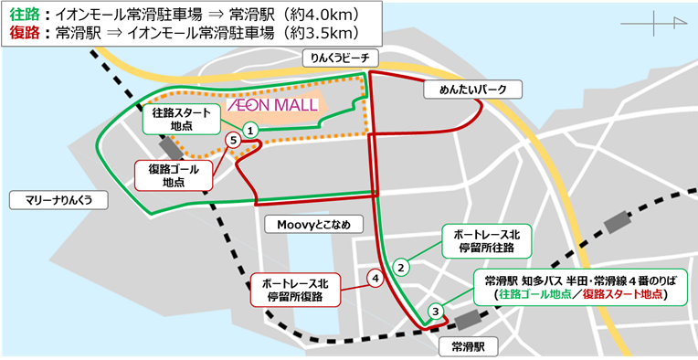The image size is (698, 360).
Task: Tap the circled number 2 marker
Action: coord(400,268)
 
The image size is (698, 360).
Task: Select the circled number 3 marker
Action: coord(437,311)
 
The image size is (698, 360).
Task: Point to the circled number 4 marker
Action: coord(374,277)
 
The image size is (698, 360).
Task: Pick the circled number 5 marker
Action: coord(235,140)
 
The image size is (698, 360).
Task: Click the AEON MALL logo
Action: coord(271,105)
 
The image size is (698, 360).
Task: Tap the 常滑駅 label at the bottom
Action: coord(461,346)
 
